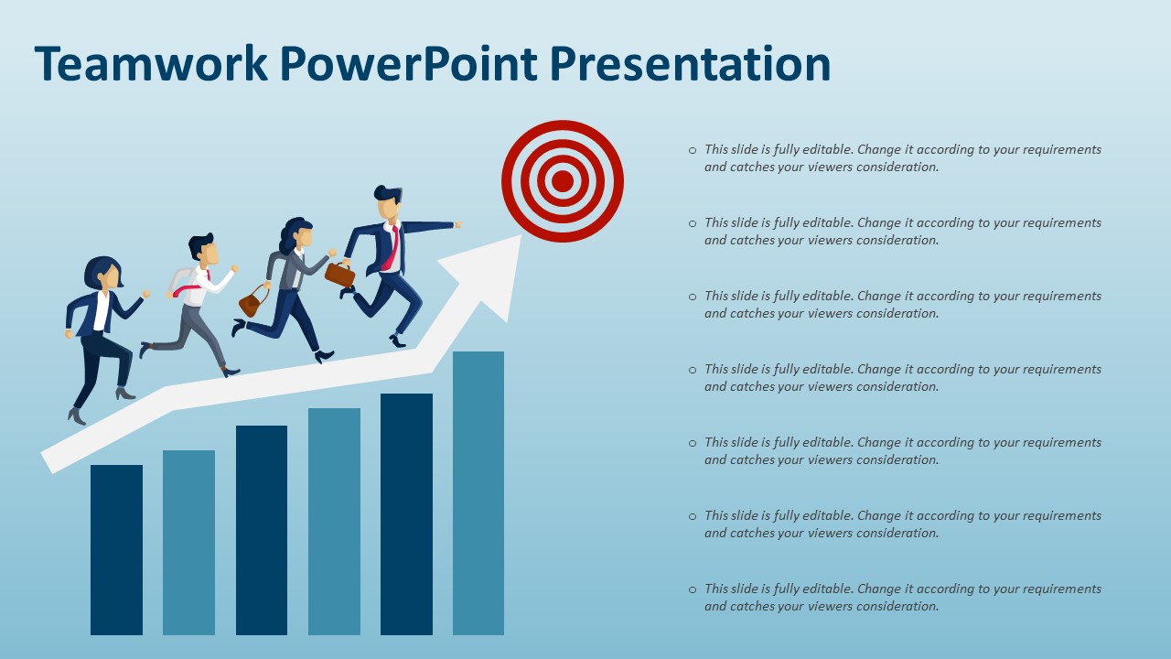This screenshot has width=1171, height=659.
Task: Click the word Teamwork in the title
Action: coord(151,64)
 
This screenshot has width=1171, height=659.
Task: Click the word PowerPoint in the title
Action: coord(407,64)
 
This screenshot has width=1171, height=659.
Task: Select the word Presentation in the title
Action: coord(691,64)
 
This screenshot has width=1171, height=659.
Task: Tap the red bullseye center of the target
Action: coord(563,181)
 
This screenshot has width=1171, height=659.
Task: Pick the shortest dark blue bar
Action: coord(116,549)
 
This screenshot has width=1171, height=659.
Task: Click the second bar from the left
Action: coord(188,542)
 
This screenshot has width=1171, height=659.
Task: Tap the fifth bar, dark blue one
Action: coord(406,513)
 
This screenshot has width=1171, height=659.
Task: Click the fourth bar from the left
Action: coord(334,521)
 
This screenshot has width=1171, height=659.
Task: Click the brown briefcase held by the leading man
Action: coord(339,274)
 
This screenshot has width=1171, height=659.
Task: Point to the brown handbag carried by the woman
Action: coord(252,302)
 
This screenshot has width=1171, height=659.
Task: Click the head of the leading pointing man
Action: coord(389,204)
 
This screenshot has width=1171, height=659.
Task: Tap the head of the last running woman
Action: coord(103,273)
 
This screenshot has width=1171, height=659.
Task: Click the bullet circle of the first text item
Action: coord(693,150)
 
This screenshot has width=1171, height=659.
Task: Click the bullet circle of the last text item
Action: coord(693,589)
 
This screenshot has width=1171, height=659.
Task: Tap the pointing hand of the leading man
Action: coord(457,223)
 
